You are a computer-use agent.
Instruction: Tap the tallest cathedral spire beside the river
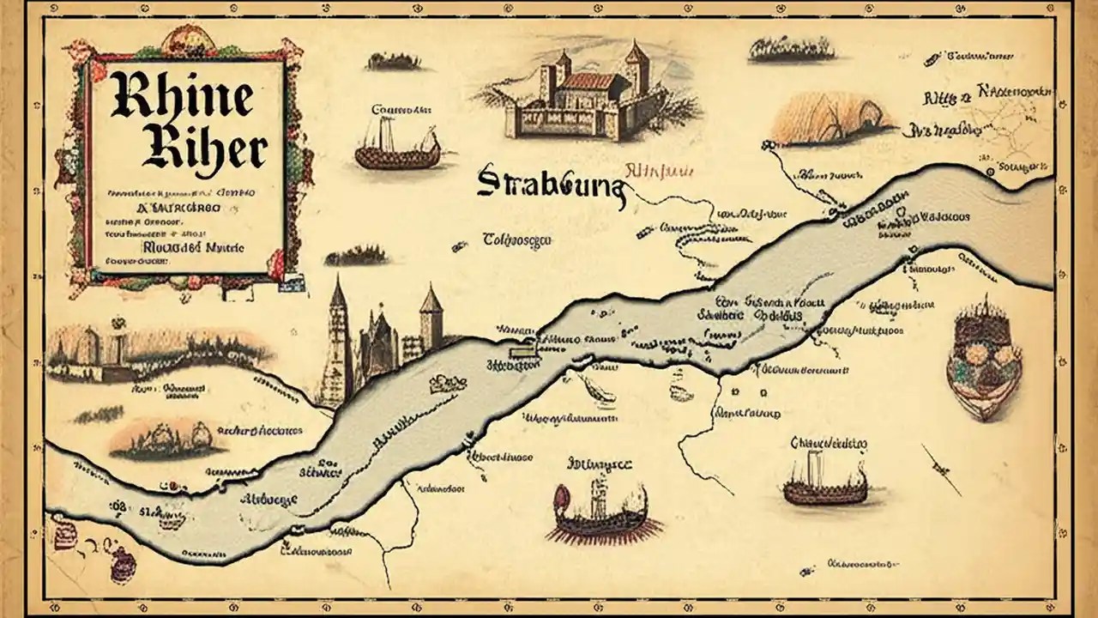click(338, 343)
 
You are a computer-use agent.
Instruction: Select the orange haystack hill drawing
click(830, 119)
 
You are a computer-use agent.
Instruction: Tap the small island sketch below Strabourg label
click(358, 255)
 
